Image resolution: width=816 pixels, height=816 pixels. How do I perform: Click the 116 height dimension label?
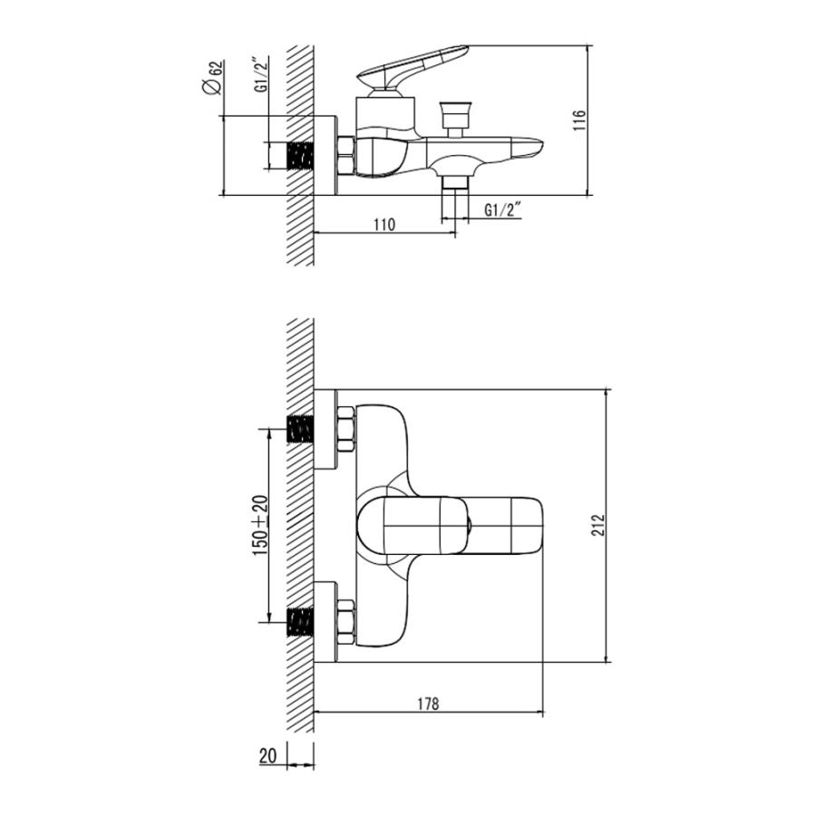coord(579,121)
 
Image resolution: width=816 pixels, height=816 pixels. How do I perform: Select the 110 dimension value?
coord(384,224)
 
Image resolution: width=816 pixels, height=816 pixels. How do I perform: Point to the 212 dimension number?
coord(598,525)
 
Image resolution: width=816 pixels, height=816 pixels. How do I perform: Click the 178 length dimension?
coord(428,704)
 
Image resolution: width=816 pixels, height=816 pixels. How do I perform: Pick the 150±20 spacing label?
coord(260,526)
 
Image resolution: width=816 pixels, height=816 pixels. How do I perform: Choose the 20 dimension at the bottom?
coord(268,756)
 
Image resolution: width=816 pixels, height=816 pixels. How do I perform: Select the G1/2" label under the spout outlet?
coord(502,209)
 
